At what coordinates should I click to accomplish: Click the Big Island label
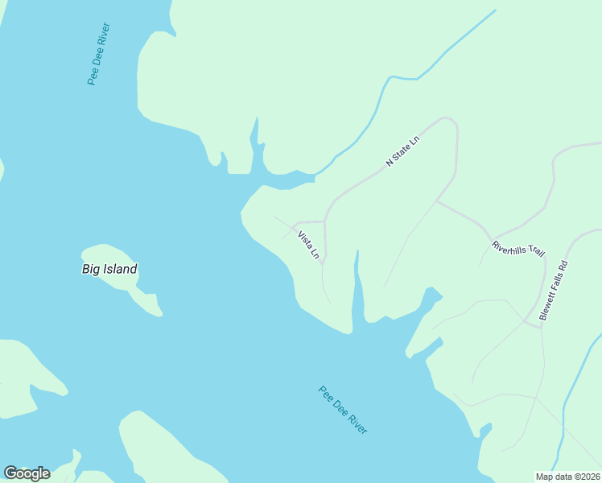tap(109, 269)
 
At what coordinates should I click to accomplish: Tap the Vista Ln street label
tap(308, 246)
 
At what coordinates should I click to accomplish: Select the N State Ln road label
tap(402, 151)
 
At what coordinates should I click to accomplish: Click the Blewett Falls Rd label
tap(554, 291)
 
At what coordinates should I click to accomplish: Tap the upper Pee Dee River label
tap(98, 54)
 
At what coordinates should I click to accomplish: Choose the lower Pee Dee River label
tap(343, 411)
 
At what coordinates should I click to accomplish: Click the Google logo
tap(27, 473)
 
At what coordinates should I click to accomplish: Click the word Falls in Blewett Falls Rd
tap(554, 290)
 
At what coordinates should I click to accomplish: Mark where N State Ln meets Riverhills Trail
tap(437, 200)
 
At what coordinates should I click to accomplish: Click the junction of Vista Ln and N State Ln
tap(324, 221)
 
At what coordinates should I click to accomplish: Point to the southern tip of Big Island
tap(159, 313)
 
